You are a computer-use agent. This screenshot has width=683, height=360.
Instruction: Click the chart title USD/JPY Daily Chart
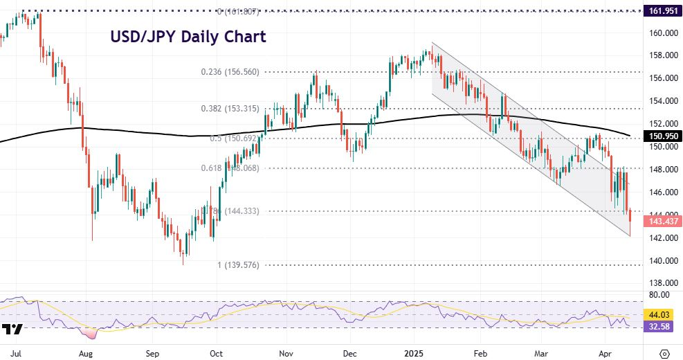(188, 37)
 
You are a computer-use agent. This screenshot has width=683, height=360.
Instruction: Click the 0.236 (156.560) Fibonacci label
(230, 71)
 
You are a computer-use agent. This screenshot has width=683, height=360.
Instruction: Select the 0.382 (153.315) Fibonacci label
(230, 109)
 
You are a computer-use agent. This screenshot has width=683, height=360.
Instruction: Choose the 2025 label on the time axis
(414, 352)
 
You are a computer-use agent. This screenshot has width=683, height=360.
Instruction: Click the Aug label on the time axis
(85, 352)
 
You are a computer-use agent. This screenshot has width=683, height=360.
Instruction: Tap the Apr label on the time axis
(605, 352)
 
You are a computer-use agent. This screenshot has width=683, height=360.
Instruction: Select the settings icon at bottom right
(665, 352)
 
